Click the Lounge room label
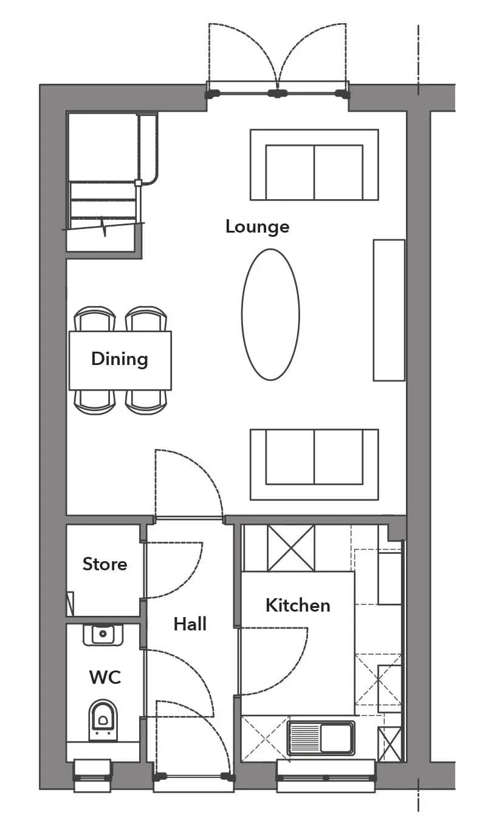click(257, 227)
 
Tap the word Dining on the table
click(120, 359)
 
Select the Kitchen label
click(298, 605)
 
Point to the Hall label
click(190, 624)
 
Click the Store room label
click(105, 564)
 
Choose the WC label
click(105, 677)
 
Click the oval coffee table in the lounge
click(270, 314)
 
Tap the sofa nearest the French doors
click(314, 165)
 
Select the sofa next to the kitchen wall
click(314, 465)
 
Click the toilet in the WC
click(103, 720)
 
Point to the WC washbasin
click(103, 635)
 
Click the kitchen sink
click(321, 739)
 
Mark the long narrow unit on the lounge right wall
click(389, 310)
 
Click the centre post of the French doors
click(277, 94)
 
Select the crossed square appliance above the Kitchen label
click(291, 548)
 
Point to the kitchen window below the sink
click(326, 776)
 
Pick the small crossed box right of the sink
click(390, 744)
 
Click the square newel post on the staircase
click(138, 182)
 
